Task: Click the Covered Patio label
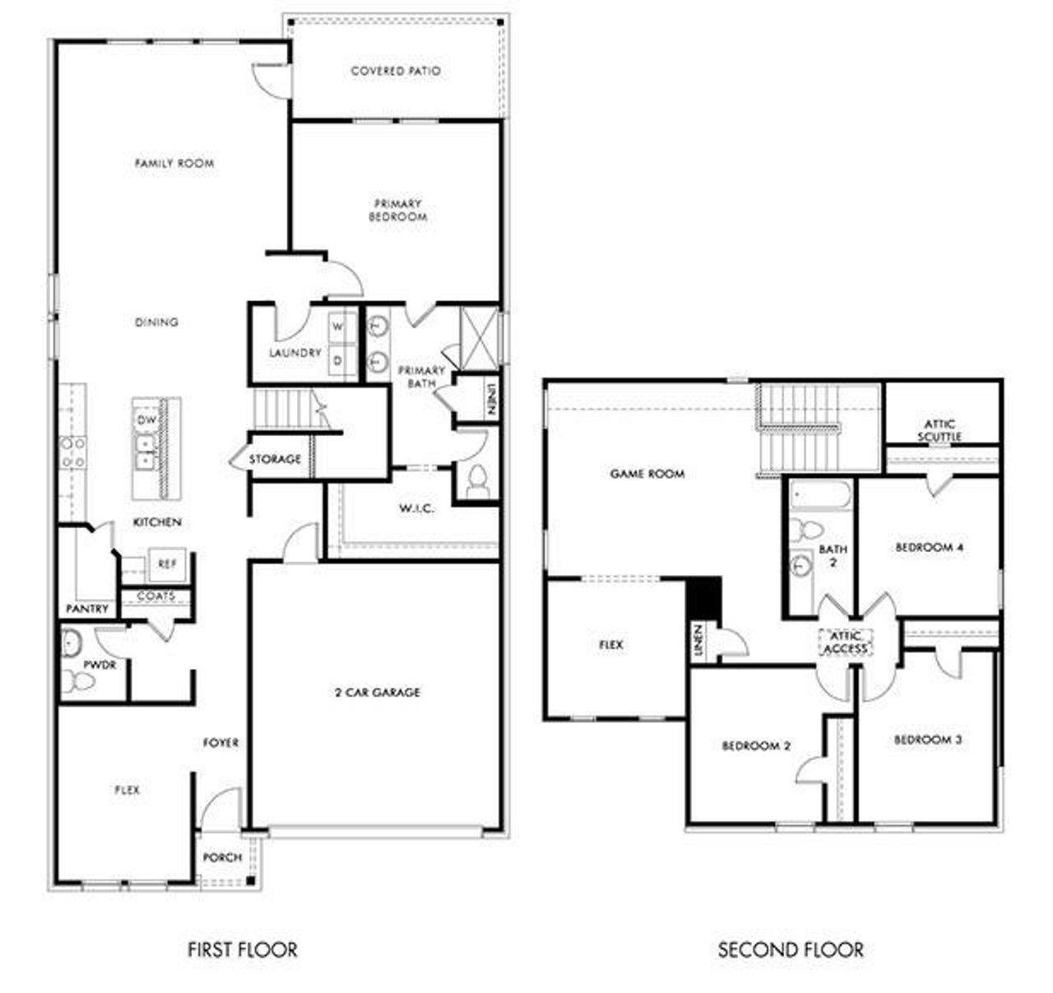click(x=396, y=72)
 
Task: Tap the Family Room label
click(x=174, y=164)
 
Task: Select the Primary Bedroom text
click(x=398, y=211)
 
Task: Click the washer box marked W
click(x=338, y=327)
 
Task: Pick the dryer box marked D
click(x=338, y=360)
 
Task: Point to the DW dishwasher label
click(x=146, y=420)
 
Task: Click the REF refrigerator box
click(x=167, y=564)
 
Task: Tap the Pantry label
click(x=87, y=609)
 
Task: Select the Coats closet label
click(x=155, y=596)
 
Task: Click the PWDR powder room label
click(x=100, y=665)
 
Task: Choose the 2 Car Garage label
click(x=378, y=693)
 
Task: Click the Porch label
click(x=222, y=857)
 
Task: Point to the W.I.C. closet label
click(x=417, y=508)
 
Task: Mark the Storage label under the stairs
click(x=275, y=459)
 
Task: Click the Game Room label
click(x=647, y=474)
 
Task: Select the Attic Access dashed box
click(x=846, y=643)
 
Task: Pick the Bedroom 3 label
click(x=928, y=740)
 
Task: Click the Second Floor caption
click(x=791, y=950)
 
